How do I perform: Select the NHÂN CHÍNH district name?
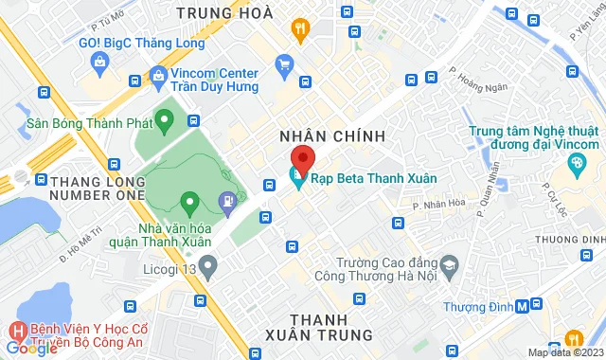pyautogui.click(x=332, y=135)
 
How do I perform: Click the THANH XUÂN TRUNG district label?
pyautogui.click(x=318, y=327)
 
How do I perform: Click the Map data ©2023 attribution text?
pyautogui.click(x=564, y=352)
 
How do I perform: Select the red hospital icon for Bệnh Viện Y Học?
pyautogui.click(x=16, y=333)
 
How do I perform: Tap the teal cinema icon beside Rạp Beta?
pyautogui.click(x=296, y=176)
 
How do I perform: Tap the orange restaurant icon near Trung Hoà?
pyautogui.click(x=300, y=28)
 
